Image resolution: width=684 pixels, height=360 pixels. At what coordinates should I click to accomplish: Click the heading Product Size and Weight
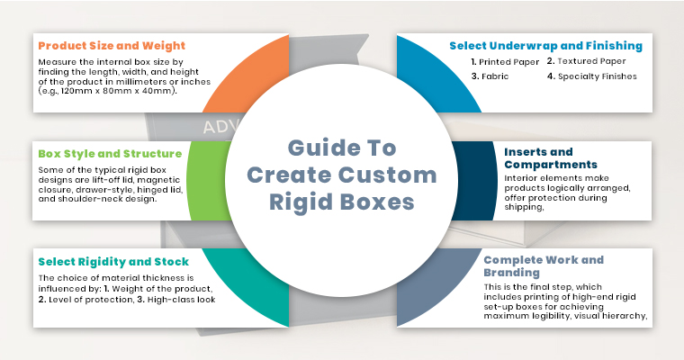[112, 46]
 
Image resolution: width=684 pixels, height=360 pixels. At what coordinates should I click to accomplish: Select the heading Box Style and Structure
[110, 153]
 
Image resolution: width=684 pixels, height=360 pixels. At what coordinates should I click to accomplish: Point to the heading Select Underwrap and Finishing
[545, 45]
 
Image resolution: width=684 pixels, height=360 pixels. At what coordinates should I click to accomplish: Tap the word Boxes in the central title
[373, 201]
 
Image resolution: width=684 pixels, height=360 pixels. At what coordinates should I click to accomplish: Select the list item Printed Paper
[504, 61]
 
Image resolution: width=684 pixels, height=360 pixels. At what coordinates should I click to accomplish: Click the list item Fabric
[496, 76]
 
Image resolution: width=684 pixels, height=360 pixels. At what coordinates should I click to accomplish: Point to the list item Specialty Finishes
[596, 76]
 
